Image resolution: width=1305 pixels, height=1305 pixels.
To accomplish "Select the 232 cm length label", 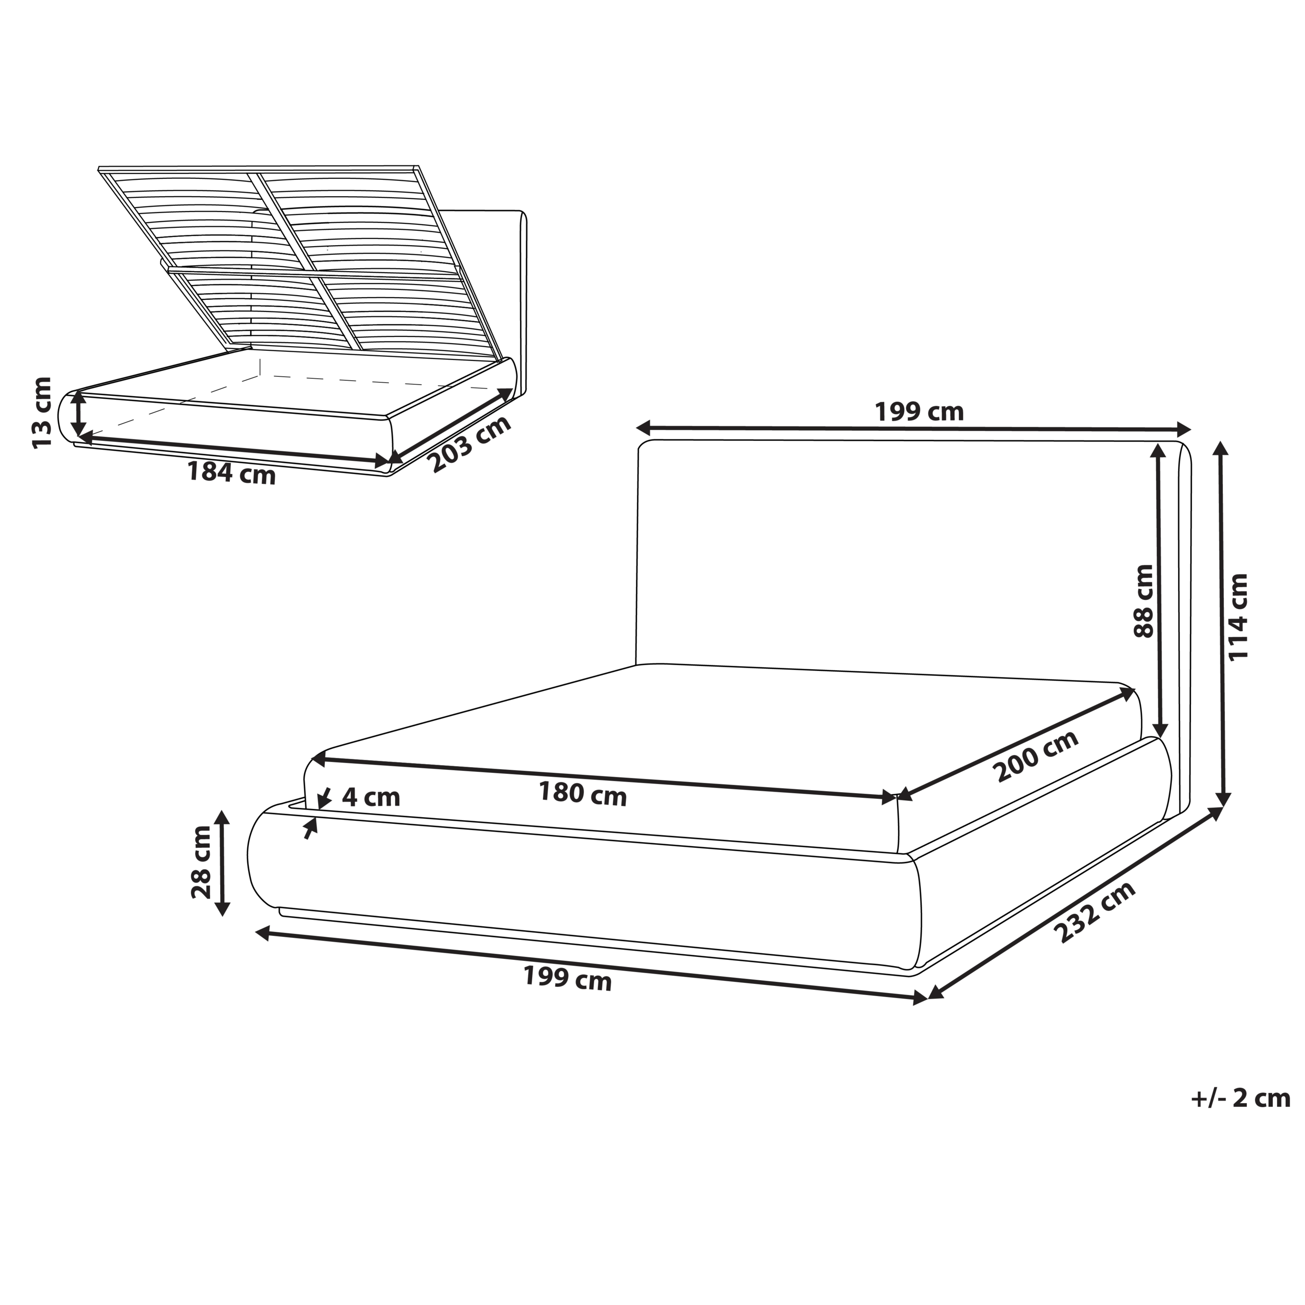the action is [1095, 912].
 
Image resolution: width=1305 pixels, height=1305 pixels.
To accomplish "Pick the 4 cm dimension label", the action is [371, 798].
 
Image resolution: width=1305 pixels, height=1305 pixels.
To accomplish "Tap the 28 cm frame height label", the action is [201, 863].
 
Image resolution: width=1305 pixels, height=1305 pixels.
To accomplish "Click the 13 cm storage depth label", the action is [42, 412].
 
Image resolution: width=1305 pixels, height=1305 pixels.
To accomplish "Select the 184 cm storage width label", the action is [231, 473].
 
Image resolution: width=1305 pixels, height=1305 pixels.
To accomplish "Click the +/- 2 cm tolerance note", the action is [1240, 1099].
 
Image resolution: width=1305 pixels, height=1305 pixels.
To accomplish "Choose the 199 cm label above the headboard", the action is [919, 411].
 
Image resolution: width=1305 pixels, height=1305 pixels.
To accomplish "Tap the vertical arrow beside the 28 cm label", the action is [222, 863].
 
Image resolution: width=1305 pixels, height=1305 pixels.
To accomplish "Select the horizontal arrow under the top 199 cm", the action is [913, 428].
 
